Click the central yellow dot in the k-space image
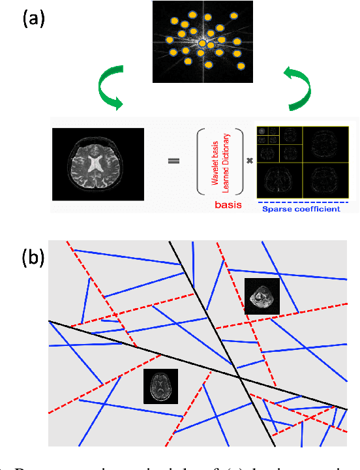[202, 44]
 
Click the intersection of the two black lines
[239, 378]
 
